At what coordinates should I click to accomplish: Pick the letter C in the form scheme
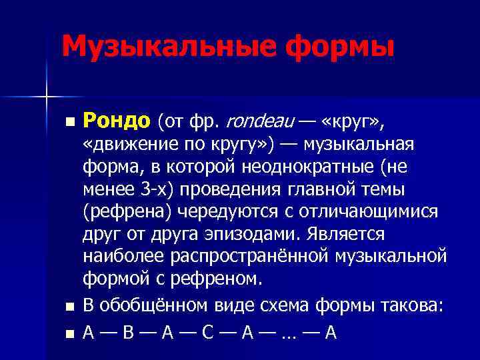pyautogui.click(x=208, y=331)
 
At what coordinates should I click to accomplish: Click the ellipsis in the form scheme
pyautogui.click(x=288, y=331)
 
